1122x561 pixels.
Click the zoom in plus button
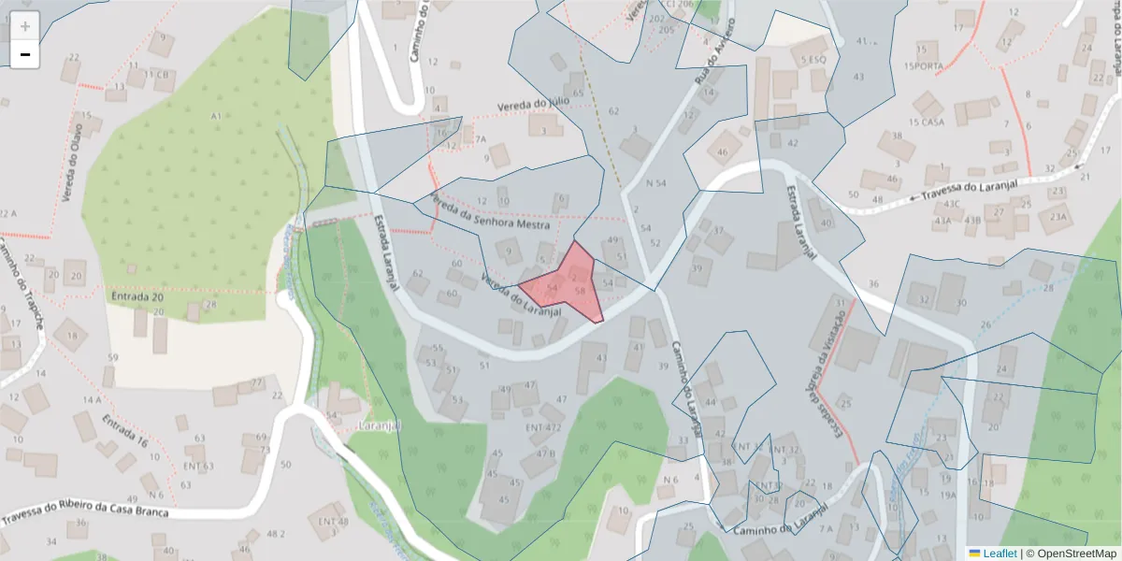click(x=25, y=26)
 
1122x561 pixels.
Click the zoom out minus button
click(x=25, y=54)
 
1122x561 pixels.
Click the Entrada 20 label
click(x=137, y=296)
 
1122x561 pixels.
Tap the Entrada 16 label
click(x=125, y=429)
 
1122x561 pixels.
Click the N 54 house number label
click(x=654, y=183)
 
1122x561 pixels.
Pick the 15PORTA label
click(x=924, y=65)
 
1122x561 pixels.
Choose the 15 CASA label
click(x=926, y=122)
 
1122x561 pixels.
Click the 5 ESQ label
click(x=813, y=60)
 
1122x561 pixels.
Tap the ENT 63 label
click(x=198, y=466)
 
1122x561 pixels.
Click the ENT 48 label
click(x=333, y=521)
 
